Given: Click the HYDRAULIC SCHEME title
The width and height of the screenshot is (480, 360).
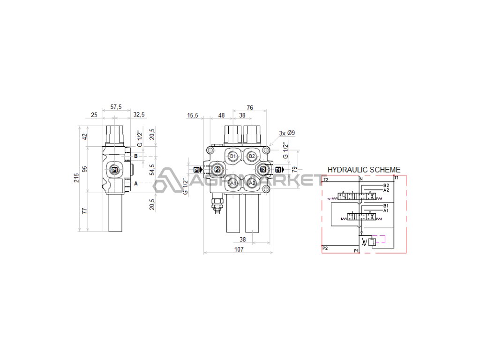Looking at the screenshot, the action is (364, 170).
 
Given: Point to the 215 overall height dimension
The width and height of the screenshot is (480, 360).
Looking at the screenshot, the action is (76, 178).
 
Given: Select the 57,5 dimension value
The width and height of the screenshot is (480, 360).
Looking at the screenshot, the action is (116, 107).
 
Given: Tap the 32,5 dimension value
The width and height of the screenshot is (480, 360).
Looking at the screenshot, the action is (139, 114).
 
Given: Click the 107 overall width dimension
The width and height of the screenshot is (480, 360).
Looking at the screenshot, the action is (239, 250).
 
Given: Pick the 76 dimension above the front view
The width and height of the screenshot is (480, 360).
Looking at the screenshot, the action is (250, 107).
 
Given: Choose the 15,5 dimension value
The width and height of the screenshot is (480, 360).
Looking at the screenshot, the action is (193, 115).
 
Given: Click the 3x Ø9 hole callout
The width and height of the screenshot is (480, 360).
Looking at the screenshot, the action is (287, 133).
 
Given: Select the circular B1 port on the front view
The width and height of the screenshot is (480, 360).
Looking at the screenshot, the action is (233, 156).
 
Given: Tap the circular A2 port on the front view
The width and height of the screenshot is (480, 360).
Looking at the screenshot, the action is (252, 183).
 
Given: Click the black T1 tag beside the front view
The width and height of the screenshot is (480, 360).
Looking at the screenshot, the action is (279, 169).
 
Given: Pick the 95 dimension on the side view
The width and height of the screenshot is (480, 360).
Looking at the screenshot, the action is (85, 169).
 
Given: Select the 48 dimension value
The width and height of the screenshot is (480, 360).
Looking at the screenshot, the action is (222, 115).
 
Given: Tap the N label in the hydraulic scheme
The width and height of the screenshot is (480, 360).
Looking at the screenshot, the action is (361, 179).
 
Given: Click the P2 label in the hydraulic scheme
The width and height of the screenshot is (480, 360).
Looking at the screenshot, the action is (325, 248).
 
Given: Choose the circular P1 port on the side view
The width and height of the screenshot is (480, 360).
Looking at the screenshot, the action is (115, 169).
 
